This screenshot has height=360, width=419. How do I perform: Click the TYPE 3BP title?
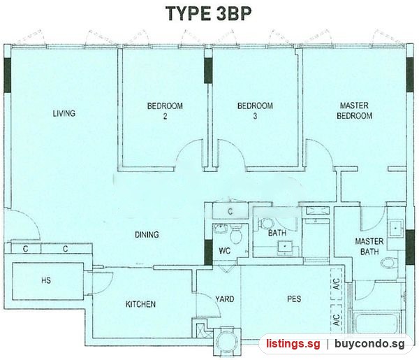pyautogui.click(x=208, y=13)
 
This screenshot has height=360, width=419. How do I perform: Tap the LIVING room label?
pyautogui.click(x=64, y=113)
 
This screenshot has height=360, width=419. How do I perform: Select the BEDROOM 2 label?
pyautogui.click(x=165, y=111)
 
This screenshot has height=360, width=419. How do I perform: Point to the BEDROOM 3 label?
pyautogui.click(x=255, y=111)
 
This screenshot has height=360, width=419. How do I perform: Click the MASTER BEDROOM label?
pyautogui.click(x=354, y=110)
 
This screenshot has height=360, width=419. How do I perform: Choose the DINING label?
pyautogui.click(x=147, y=235)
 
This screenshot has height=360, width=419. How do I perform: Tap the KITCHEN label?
pyautogui.click(x=140, y=304)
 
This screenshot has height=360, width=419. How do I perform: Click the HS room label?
pyautogui.click(x=46, y=280)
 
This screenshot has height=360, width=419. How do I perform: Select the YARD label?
pyautogui.click(x=225, y=298)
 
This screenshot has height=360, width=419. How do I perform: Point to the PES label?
pyautogui.click(x=294, y=298)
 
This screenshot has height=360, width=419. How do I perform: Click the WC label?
pyautogui.click(x=225, y=251)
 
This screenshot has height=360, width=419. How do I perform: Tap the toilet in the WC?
pyautogui.click(x=235, y=233)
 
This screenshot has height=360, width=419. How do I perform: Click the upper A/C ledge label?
pyautogui.click(x=337, y=284)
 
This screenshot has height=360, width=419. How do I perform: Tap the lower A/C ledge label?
pyautogui.click(x=337, y=319)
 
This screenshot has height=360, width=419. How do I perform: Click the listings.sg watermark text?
pyautogui.click(x=293, y=343)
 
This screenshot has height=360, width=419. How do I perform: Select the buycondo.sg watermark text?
pyautogui.click(x=370, y=344)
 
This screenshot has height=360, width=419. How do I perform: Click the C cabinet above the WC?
pyautogui.click(x=230, y=211)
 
